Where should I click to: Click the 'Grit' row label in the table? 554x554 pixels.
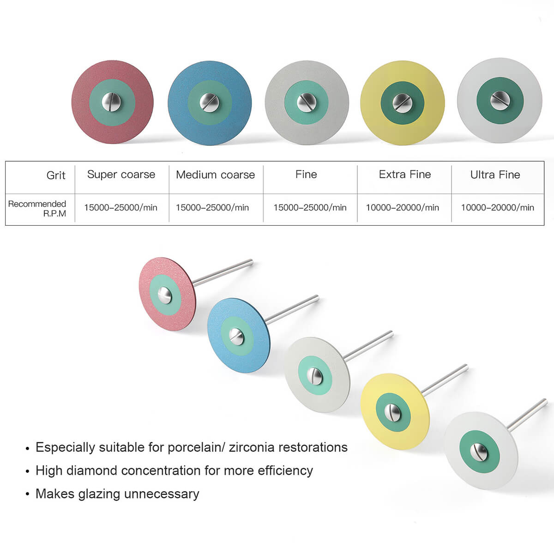coord(56,175)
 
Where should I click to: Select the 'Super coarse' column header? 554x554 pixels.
coord(121,175)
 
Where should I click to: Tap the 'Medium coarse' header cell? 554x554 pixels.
coord(215,175)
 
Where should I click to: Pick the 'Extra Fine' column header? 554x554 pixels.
coord(404,175)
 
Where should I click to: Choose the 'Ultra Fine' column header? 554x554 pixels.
coord(495,175)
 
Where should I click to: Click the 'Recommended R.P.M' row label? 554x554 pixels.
coord(37,208)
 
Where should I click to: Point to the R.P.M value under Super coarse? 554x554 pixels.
coord(120,208)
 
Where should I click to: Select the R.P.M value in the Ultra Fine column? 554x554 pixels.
coord(497,208)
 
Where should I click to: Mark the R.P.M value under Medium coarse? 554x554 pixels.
coord(212,208)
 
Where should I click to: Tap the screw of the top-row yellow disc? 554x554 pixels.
coord(401,102)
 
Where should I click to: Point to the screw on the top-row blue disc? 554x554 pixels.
coord(209,102)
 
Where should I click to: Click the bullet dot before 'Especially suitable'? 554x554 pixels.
coord(28,448)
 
